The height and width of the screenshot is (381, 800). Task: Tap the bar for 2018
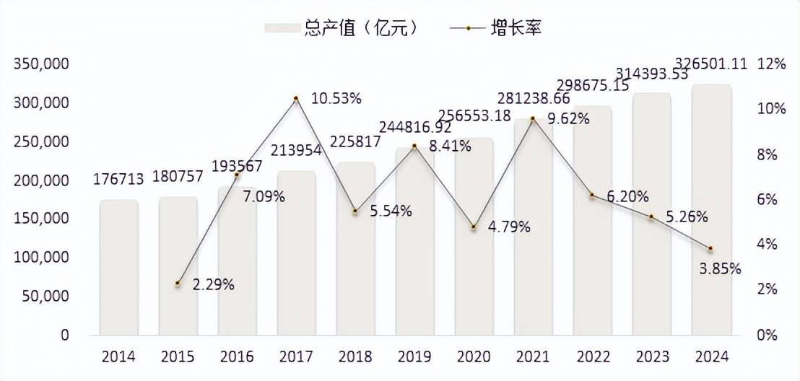tap(355, 248)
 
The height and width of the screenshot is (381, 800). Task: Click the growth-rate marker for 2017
tap(296, 98)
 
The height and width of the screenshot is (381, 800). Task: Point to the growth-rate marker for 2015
tap(178, 284)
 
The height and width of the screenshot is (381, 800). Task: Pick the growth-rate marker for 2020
tap(474, 227)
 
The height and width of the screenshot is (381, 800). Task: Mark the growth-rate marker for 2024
tap(710, 249)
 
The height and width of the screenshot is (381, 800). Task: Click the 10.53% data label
tap(336, 98)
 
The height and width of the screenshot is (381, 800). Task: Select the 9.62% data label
tap(568, 119)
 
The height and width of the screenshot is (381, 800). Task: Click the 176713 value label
tap(118, 178)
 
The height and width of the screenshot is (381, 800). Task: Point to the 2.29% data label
tap(213, 284)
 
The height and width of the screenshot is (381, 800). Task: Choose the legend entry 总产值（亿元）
tap(341, 28)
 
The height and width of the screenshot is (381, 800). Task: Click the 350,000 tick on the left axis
tap(42, 63)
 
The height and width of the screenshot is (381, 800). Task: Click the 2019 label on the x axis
tap(414, 356)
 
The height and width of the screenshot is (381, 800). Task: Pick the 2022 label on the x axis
tap(592, 356)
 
